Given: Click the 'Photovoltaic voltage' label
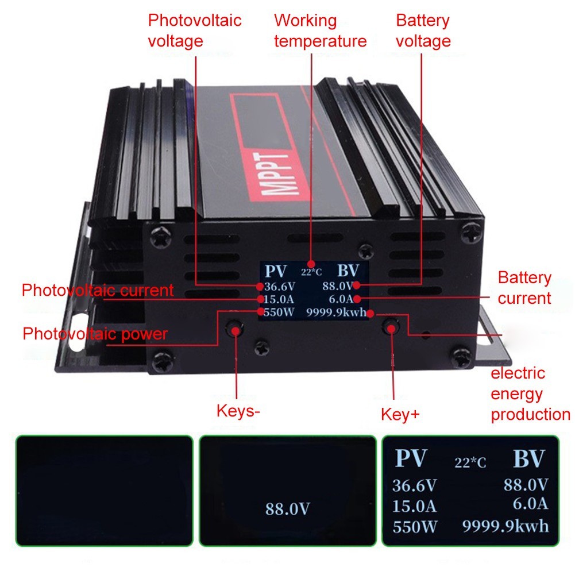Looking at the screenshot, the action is [x=194, y=30].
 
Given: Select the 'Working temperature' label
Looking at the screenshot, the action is [x=319, y=30].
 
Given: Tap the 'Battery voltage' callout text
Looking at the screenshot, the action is [x=423, y=30].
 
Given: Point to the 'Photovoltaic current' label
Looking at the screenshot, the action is [x=97, y=290].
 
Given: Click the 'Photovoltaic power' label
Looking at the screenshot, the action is [x=95, y=334].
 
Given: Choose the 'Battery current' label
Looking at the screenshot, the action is [x=524, y=288].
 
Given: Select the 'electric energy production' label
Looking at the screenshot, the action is [x=530, y=394].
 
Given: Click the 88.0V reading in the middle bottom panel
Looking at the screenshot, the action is [x=287, y=508].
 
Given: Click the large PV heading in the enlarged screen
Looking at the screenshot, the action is [x=411, y=459].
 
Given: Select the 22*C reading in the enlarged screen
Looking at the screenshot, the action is [x=470, y=463].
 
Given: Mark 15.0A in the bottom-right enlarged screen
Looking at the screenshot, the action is [x=414, y=506].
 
